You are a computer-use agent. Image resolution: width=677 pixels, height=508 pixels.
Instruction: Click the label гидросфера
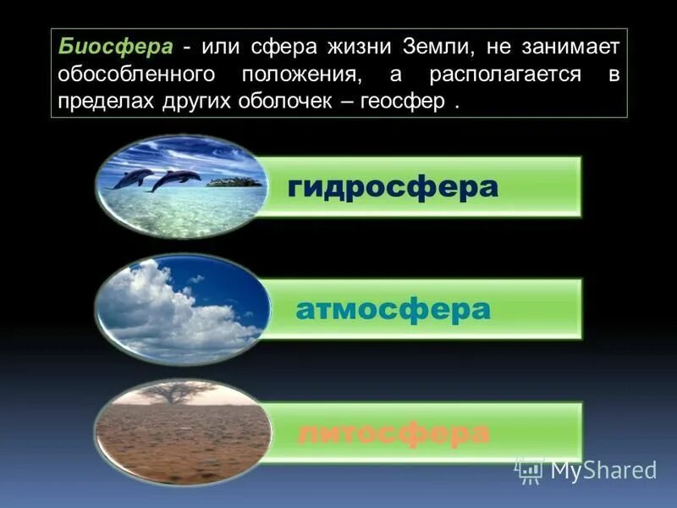pyautogui.click(x=393, y=187)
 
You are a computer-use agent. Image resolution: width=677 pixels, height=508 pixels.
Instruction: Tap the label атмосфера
pyautogui.click(x=393, y=309)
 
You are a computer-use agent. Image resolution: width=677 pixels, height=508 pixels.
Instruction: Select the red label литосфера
pyautogui.click(x=393, y=433)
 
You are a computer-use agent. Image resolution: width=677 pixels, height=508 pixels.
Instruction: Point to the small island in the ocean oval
pyautogui.click(x=234, y=181)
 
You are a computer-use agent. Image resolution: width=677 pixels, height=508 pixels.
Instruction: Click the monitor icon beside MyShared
pyautogui.click(x=530, y=470)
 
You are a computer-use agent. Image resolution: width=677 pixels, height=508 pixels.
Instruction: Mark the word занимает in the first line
pyautogui.click(x=576, y=47)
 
